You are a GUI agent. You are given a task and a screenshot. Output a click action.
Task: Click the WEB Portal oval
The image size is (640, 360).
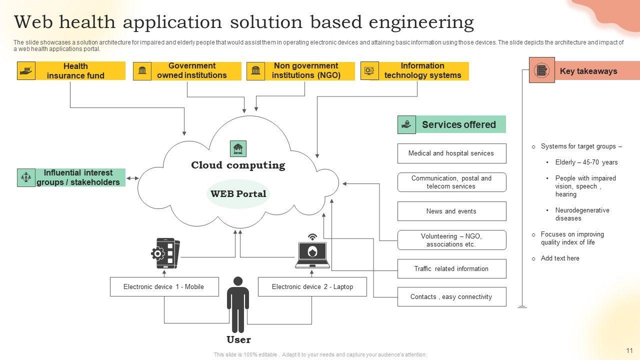(x=238, y=194)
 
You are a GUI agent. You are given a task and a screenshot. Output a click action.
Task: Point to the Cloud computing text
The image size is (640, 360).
(x=238, y=165)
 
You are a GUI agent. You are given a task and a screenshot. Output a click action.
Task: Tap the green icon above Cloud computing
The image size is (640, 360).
(x=238, y=148)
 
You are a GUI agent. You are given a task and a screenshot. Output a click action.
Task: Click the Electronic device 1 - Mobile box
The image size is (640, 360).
(x=164, y=286)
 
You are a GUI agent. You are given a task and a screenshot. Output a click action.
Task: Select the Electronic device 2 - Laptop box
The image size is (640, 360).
(x=312, y=286)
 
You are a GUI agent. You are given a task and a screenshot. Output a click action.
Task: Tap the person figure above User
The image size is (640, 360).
(x=238, y=304)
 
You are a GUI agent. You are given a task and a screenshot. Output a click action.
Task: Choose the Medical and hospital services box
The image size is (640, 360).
(x=451, y=153)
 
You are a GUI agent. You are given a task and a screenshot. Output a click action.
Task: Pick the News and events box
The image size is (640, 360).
(x=451, y=211)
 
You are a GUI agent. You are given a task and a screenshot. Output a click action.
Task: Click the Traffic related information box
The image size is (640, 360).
(x=451, y=268)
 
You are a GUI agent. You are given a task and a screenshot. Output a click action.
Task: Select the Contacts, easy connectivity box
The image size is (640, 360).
(x=451, y=296)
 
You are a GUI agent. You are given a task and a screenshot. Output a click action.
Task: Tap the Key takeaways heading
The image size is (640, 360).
(x=588, y=71)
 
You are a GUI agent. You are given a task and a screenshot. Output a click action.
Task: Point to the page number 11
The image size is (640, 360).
(x=629, y=350)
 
